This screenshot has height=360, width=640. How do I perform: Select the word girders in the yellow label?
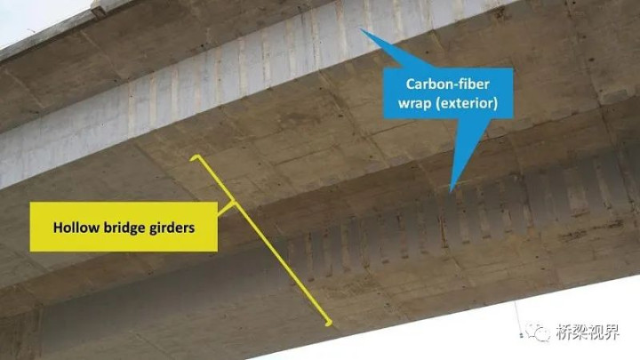coord(172,228)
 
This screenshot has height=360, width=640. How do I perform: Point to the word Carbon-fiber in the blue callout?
coord(447,84)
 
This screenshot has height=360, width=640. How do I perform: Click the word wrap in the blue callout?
coord(414,103)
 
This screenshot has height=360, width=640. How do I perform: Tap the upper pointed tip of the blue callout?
coord(360,29)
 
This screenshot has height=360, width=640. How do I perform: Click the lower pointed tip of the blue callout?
coord(451,191)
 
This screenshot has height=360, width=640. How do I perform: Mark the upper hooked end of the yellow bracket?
coord(192,158)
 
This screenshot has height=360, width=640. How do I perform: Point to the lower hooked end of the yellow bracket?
coord(328,324)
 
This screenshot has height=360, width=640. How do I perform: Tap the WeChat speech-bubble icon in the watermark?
coord(537,332)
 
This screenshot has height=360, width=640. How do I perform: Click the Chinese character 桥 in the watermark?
coord(564,332)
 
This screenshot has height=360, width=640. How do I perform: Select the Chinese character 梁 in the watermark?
coord(580,332)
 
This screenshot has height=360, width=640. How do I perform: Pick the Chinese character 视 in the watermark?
coord(596,332)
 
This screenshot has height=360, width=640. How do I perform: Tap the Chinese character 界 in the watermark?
coord(612,332)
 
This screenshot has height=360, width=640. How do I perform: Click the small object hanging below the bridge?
coord(521,335)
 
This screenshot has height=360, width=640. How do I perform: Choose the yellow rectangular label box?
coord(124,227)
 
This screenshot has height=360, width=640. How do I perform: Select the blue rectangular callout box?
coord(448,93)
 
